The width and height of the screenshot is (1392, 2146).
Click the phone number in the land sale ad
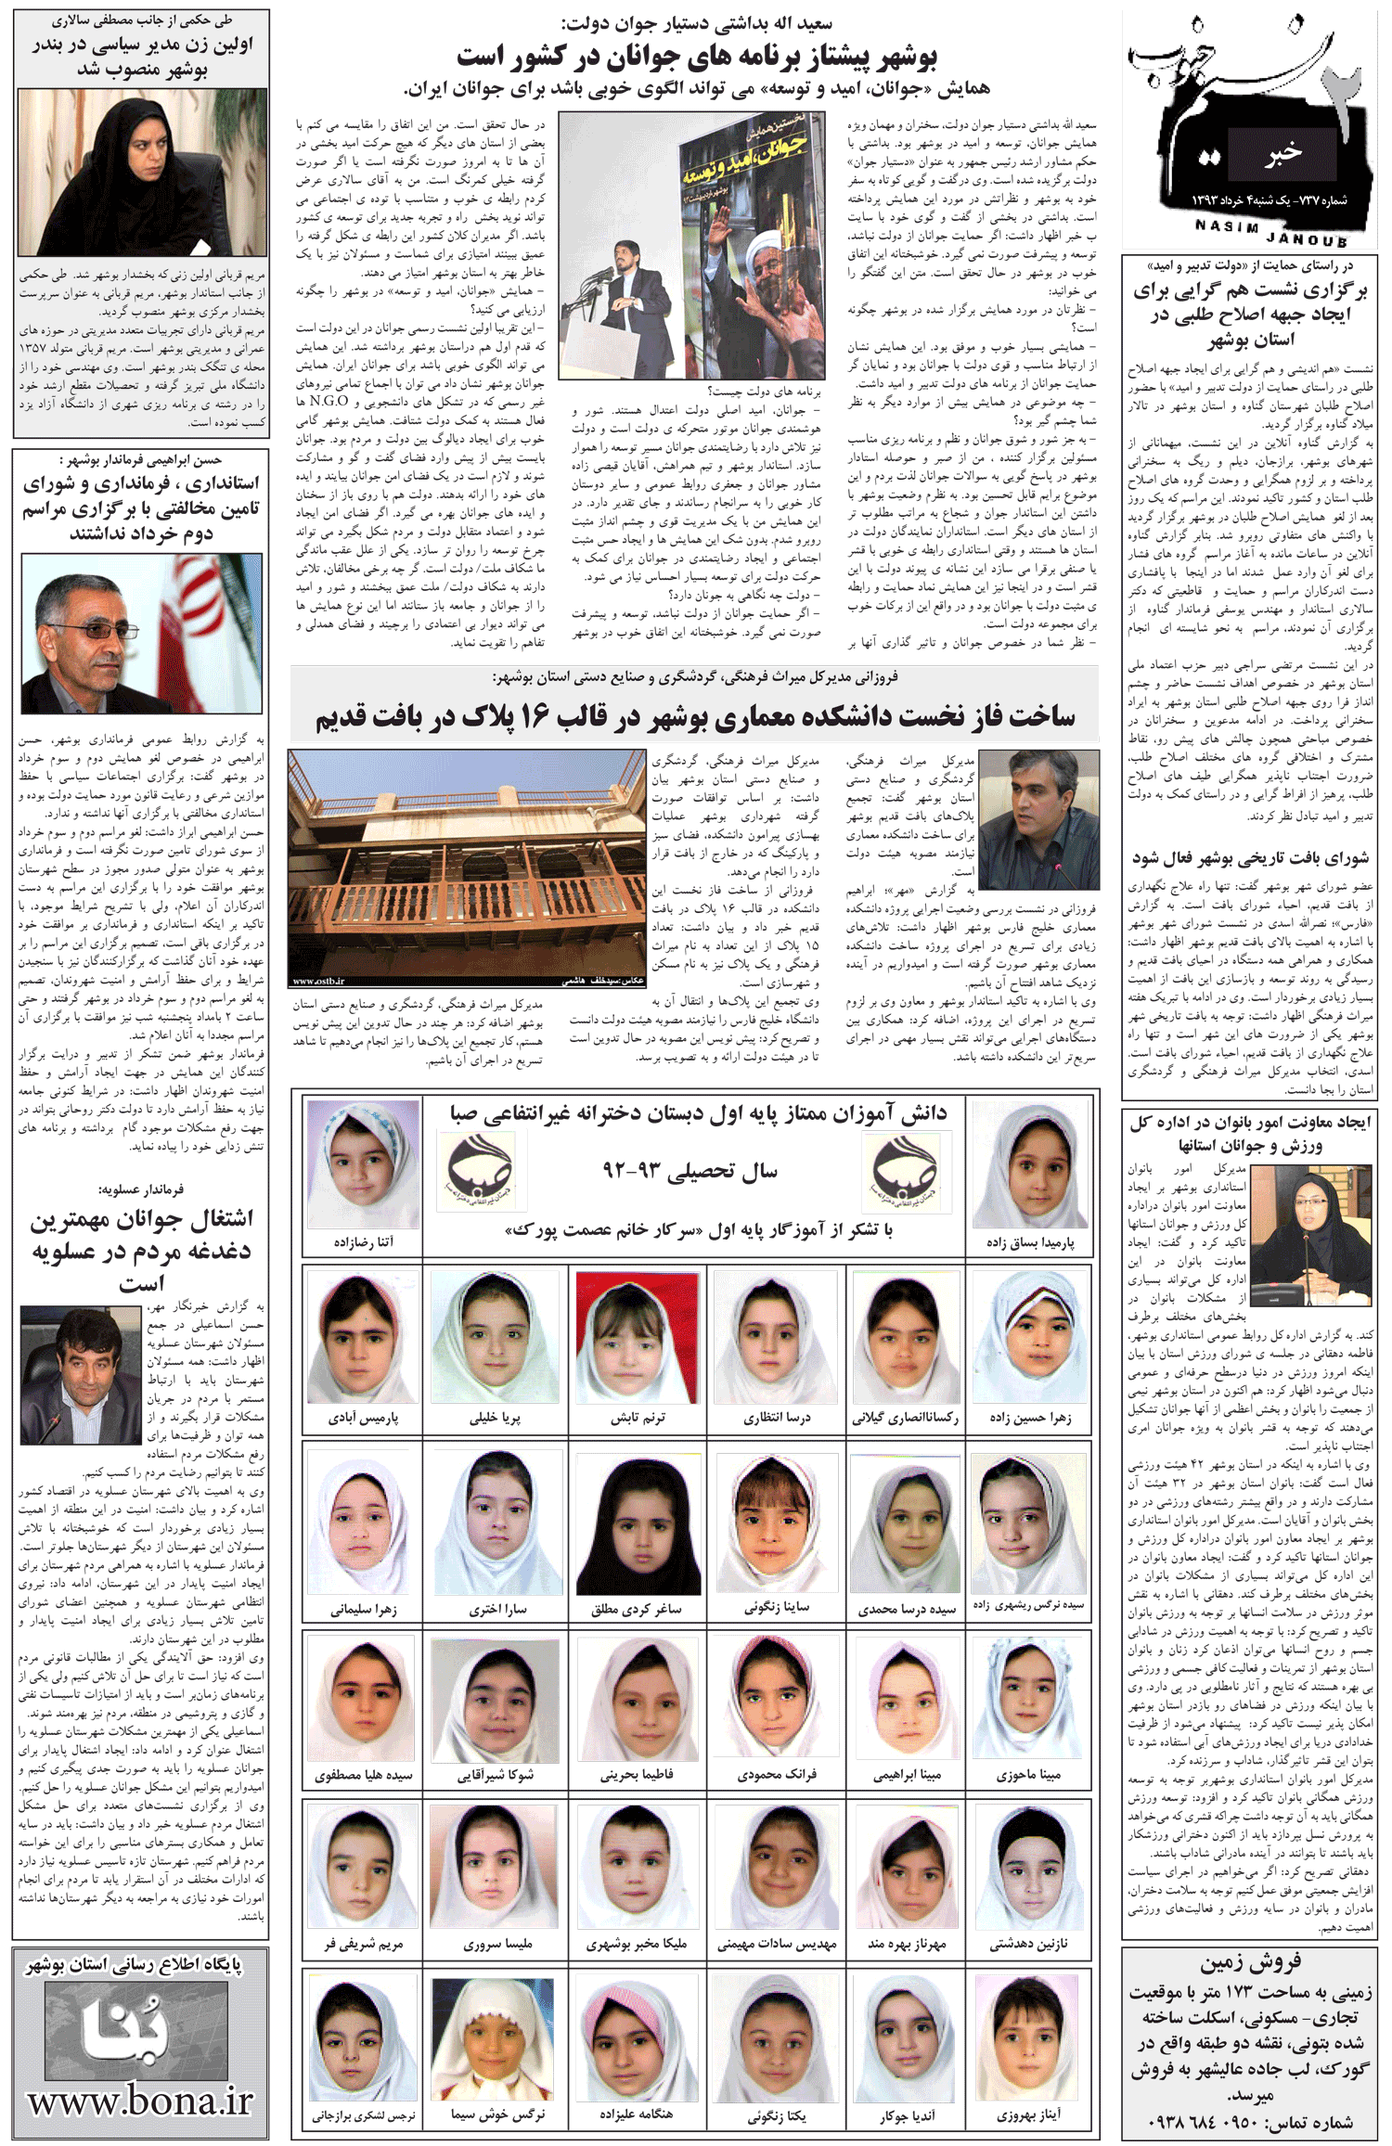[x=1249, y=2122]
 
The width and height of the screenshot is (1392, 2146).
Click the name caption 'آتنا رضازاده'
[x=363, y=1241]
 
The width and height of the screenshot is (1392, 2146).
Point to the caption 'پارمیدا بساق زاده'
[x=1030, y=1242]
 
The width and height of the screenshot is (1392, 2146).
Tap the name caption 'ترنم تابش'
[x=637, y=1418]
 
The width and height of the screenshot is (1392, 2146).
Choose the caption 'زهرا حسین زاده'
[x=1030, y=1418]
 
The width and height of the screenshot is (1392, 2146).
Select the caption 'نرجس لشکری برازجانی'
[x=363, y=2115]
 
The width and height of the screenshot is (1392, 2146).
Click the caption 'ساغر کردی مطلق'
[x=637, y=1609]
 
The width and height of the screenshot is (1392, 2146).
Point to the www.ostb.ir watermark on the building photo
[x=319, y=981]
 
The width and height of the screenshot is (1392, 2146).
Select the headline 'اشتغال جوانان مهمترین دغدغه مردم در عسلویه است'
[x=141, y=1250]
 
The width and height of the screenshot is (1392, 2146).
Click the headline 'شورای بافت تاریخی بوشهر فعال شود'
[x=1249, y=858]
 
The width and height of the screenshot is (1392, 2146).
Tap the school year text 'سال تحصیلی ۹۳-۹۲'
[x=690, y=1171]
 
